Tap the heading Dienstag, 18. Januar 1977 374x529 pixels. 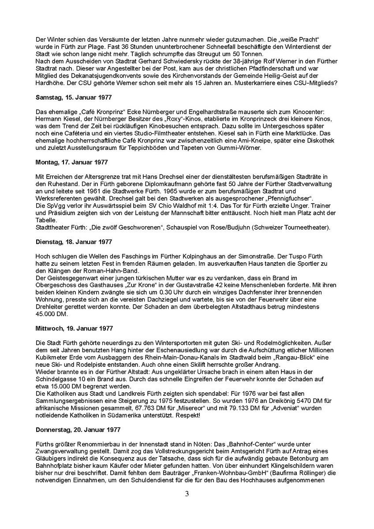[74, 242]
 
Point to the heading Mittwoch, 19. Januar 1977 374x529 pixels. [74, 328]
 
